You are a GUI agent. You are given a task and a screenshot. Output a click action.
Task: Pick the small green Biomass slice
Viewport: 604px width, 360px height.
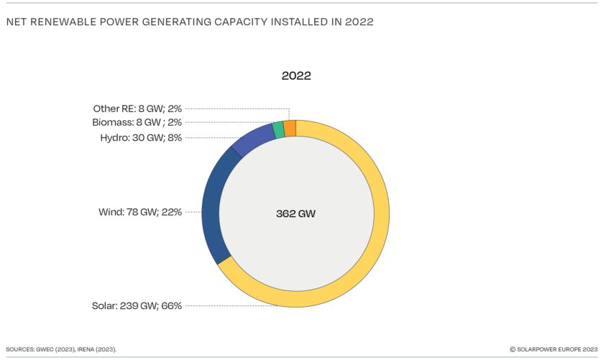pos(278,130)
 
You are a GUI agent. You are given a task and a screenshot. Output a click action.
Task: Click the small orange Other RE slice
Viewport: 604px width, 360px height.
pos(290,128)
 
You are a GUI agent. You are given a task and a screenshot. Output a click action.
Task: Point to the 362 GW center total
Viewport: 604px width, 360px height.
pos(296,213)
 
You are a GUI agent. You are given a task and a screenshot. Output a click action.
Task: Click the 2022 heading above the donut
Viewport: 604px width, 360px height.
pos(296,75)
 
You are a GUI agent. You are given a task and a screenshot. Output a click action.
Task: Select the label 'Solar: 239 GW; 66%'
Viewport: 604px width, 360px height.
pos(137,305)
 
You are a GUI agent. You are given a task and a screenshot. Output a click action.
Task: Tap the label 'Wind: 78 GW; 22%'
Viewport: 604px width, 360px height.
pos(139,212)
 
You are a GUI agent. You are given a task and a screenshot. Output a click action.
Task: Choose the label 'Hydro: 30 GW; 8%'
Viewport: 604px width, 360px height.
pos(140,137)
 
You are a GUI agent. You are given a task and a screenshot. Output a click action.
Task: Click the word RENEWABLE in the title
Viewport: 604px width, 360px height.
pos(65,22)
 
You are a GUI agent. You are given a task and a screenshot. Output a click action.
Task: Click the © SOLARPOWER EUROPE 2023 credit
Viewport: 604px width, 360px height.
pos(554,349)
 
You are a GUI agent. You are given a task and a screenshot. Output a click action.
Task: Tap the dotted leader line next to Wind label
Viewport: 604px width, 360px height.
pos(193,212)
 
